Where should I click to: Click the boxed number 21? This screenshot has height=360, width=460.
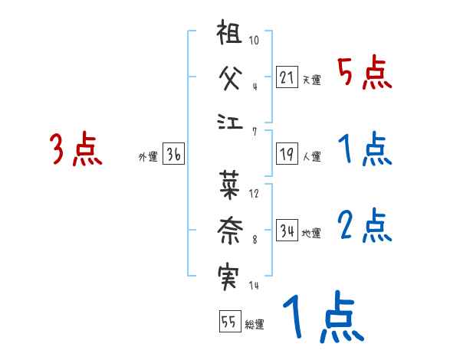pos(287,77)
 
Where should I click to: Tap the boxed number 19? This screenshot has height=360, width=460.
pos(287,154)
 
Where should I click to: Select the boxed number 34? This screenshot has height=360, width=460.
pos(287,231)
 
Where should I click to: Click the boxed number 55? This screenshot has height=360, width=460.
pos(228,322)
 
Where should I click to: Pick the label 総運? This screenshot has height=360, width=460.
pos(255,324)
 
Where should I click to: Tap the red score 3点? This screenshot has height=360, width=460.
pos(76,150)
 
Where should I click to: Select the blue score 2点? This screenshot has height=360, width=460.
pos(364,225)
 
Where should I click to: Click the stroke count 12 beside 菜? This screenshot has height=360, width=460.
pos(254,193)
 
